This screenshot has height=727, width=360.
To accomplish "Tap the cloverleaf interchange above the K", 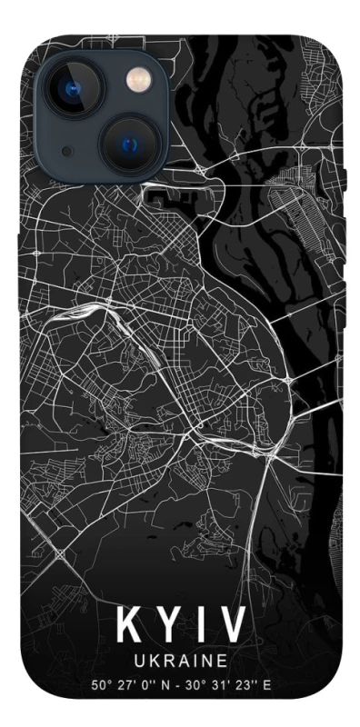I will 60,553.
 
